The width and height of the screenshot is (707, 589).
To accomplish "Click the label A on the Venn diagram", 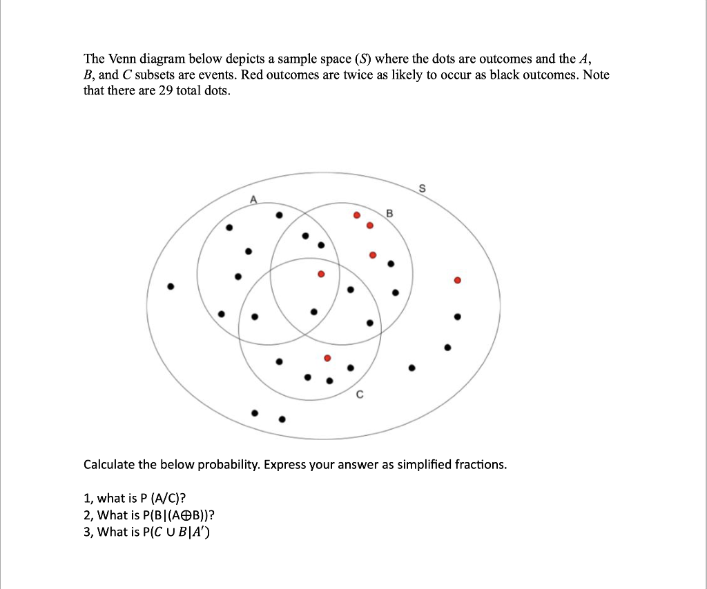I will [253, 199].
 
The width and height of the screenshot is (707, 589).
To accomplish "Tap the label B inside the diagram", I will [389, 214].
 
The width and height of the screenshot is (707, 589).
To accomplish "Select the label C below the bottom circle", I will [360, 395].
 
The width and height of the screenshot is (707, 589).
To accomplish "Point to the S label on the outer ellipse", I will [423, 188].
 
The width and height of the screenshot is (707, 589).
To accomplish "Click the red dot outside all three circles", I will [456, 281].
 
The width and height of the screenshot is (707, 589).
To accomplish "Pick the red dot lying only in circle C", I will [327, 358].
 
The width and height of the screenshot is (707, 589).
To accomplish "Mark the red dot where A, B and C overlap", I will [320, 274].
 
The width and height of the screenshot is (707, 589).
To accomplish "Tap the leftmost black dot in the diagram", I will [171, 286].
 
